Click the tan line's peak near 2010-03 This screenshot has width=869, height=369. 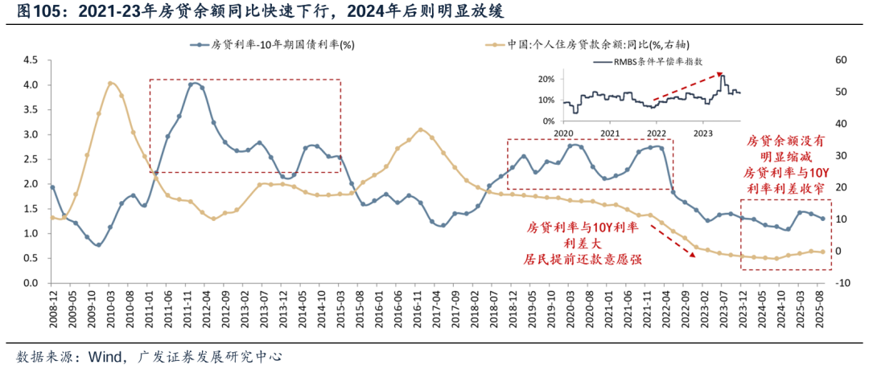[x=110, y=83]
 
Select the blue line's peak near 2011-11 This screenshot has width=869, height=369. [x=192, y=84]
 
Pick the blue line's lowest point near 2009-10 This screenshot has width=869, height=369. [x=99, y=244]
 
